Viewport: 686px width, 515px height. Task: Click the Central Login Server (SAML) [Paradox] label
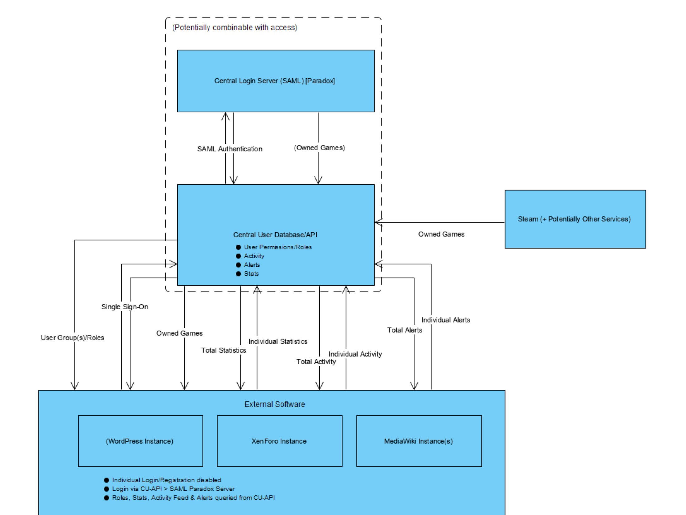tap(274, 81)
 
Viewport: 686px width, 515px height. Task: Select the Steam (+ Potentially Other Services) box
tap(575, 219)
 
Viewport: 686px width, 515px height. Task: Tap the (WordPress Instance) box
tap(140, 441)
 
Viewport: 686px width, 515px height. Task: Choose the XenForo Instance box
tap(279, 441)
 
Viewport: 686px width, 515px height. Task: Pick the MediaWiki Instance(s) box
tap(419, 441)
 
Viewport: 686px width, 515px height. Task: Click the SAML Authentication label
tap(230, 149)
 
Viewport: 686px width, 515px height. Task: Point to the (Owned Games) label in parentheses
tap(319, 148)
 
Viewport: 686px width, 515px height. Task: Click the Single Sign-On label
tap(125, 307)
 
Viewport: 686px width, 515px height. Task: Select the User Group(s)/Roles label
tap(72, 338)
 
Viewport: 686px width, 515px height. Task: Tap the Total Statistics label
tap(224, 350)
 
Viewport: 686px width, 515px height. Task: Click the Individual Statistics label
tap(278, 341)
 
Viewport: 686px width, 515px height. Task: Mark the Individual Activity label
tap(355, 354)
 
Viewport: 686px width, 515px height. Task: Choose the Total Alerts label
tap(404, 330)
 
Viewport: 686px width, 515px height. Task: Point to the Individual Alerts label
tap(446, 320)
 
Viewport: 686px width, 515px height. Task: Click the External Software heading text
tap(275, 404)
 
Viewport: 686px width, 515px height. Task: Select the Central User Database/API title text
tap(275, 235)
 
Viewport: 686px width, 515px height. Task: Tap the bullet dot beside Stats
tap(239, 274)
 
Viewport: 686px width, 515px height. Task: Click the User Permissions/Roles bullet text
tap(278, 247)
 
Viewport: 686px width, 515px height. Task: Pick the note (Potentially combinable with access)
tap(234, 28)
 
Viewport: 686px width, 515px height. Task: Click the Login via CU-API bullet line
tap(173, 489)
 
